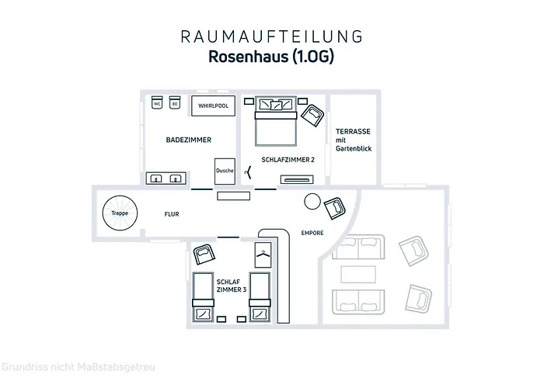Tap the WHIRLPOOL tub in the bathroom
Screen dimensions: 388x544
click(214, 106)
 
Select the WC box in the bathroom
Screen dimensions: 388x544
click(156, 104)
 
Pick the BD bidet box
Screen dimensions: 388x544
click(176, 104)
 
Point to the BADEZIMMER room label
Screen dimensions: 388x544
click(189, 140)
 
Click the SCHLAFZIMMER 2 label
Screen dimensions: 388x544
click(288, 159)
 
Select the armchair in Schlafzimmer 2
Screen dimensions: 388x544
click(315, 116)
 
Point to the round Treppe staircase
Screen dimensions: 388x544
click(119, 213)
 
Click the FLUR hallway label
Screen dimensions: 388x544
click(172, 213)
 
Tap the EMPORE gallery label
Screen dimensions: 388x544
click(312, 233)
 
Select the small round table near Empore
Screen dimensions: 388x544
click(312, 201)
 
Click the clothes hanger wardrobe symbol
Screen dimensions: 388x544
click(263, 254)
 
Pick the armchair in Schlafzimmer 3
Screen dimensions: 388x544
click(205, 253)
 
